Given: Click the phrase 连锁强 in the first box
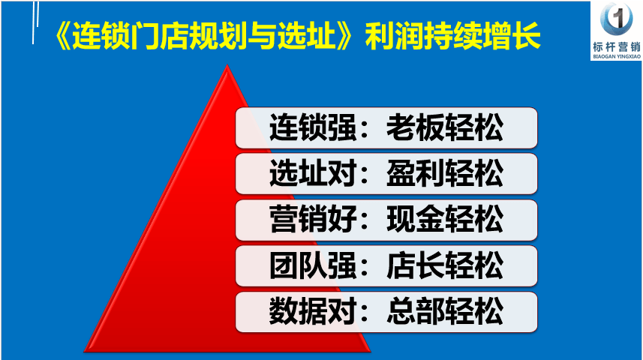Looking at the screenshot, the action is click(312, 127).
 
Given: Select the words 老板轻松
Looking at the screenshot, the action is click(445, 127).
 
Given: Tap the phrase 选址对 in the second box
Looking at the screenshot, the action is click(312, 173).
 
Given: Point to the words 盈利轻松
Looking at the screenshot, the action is click(445, 173).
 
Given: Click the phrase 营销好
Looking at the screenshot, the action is click(312, 219).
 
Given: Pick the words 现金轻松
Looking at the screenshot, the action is click(445, 219).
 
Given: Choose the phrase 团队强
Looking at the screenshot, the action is click(312, 265).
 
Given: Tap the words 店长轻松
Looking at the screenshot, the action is click(445, 265).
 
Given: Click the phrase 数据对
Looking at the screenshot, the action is click(312, 311).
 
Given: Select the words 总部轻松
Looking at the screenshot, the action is click(445, 311).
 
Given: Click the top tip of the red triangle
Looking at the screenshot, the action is click(227, 64).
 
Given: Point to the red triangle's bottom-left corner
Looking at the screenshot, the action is click(85, 352).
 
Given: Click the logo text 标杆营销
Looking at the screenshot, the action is click(616, 46).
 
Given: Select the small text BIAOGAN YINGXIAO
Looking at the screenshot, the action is click(616, 56).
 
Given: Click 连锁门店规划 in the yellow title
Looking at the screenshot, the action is click(160, 36).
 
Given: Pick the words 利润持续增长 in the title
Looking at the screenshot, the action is click(452, 36).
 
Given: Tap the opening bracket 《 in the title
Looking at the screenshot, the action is click(62, 36).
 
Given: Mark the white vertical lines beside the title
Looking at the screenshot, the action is click(35, 22).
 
